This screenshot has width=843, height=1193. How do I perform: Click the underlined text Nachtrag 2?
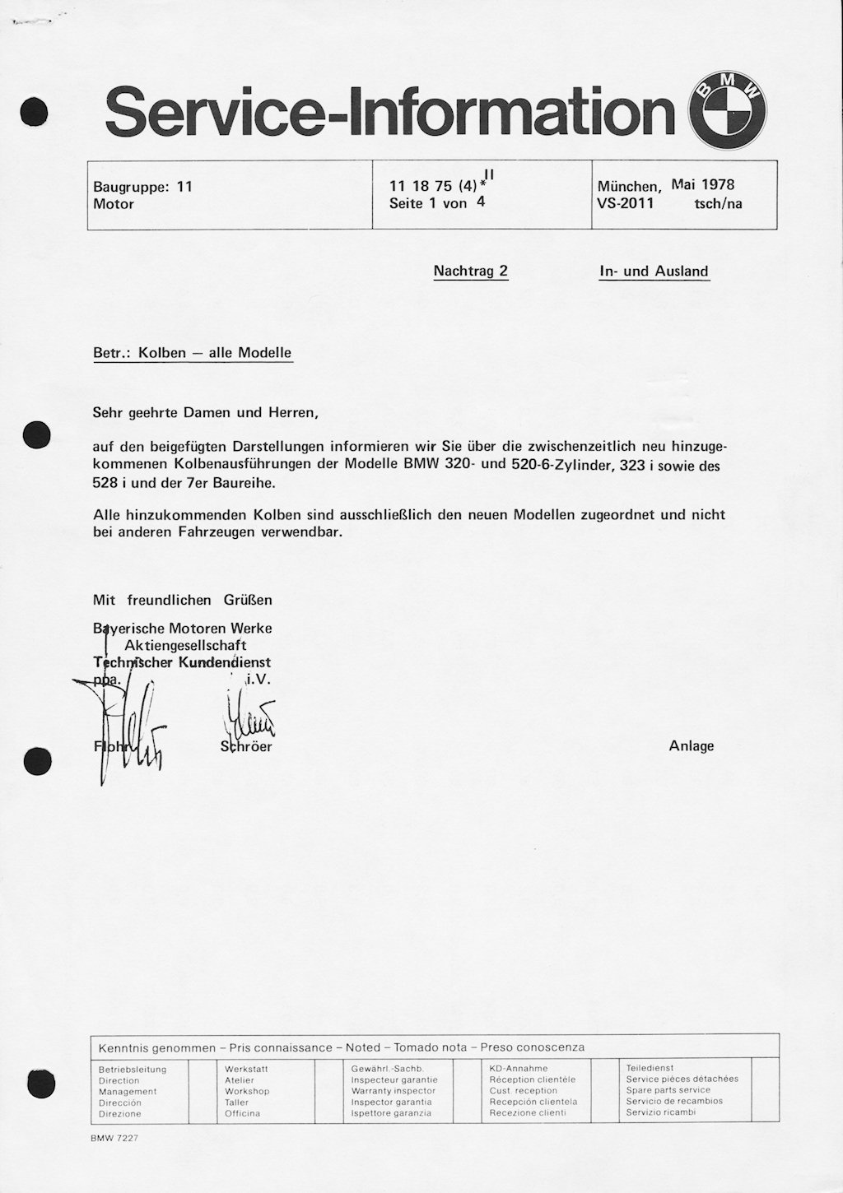[471, 271]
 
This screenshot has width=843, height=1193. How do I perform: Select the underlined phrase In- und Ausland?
[654, 271]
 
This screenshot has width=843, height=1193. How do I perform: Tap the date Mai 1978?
[703, 184]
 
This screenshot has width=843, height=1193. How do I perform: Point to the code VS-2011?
[626, 203]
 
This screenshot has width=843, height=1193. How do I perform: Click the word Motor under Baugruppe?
[114, 204]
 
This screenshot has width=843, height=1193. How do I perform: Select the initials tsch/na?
[718, 204]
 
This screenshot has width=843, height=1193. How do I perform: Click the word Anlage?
[692, 746]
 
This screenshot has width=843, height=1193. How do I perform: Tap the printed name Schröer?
[246, 747]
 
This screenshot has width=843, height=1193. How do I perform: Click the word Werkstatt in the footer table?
[246, 1069]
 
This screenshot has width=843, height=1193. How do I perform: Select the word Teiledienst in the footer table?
[650, 1068]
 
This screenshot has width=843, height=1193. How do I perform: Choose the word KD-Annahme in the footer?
[519, 1068]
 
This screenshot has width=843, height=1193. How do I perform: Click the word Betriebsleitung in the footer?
[133, 1070]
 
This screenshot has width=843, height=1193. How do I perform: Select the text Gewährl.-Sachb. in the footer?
[387, 1068]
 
